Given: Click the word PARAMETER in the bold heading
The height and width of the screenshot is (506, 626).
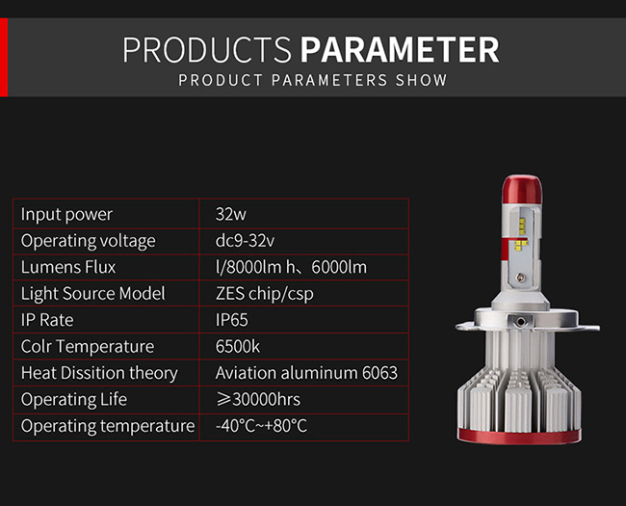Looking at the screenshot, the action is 400,49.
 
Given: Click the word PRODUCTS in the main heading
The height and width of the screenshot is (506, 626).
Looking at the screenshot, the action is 207,49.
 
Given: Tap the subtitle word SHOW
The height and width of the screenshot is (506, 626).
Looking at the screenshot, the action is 421,80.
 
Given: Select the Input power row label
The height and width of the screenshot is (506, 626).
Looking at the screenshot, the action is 66,215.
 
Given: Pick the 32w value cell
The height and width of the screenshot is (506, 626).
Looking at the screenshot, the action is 231,214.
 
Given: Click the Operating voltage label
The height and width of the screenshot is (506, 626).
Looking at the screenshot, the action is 89,241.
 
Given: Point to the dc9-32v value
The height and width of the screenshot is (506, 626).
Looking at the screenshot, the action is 245,241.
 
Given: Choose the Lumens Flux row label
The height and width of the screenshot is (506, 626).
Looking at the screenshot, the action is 68,267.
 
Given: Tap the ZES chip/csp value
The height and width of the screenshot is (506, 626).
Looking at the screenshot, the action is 264,294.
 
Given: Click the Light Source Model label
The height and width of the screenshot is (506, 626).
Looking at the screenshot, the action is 93,294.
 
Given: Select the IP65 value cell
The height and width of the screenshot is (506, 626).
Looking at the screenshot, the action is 231,320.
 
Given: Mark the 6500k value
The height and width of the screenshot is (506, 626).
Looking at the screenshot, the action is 238,347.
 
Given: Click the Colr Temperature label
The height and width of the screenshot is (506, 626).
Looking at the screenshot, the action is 88,347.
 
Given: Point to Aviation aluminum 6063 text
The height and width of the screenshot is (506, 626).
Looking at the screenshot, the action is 306,373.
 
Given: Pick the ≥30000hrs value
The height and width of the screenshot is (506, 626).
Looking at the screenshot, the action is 258,399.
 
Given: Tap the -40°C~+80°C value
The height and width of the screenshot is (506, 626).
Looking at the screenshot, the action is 262,426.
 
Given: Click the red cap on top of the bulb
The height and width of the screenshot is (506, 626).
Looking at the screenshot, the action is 522,190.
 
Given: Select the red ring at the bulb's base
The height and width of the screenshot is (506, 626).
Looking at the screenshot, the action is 519,437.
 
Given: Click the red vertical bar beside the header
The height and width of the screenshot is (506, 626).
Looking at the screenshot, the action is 4,57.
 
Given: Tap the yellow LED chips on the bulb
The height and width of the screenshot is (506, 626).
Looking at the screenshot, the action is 521,236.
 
